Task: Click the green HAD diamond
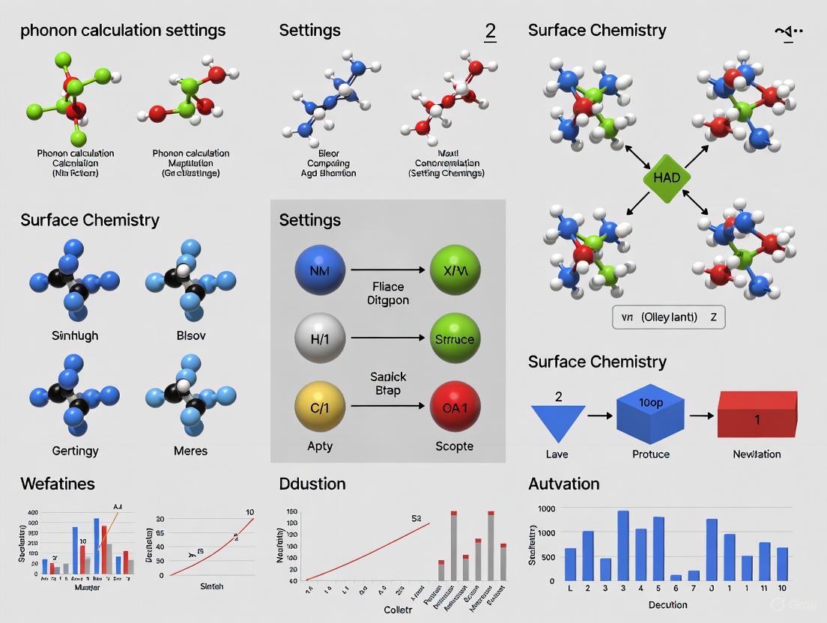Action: [667, 178]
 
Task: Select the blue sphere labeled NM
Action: [321, 270]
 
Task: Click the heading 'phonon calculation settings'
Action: [123, 31]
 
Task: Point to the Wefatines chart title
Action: [58, 484]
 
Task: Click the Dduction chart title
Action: [313, 484]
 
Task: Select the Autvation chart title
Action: [563, 484]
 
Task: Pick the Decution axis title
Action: [667, 604]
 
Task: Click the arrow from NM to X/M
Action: [387, 270]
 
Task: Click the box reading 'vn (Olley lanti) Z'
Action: [668, 317]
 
